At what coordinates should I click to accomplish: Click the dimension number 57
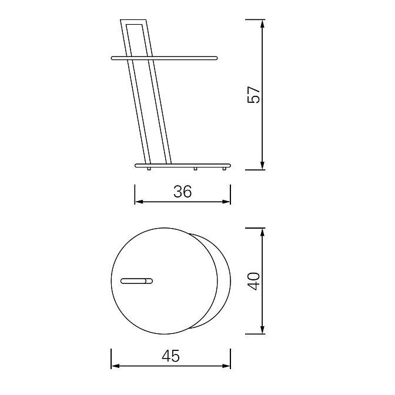click(x=254, y=95)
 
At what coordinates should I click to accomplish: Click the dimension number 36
click(x=183, y=192)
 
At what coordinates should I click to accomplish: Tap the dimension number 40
click(x=254, y=281)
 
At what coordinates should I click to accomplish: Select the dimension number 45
click(x=171, y=356)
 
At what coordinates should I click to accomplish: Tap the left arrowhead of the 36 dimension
click(x=139, y=202)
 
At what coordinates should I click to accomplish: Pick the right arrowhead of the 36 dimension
click(x=226, y=202)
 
